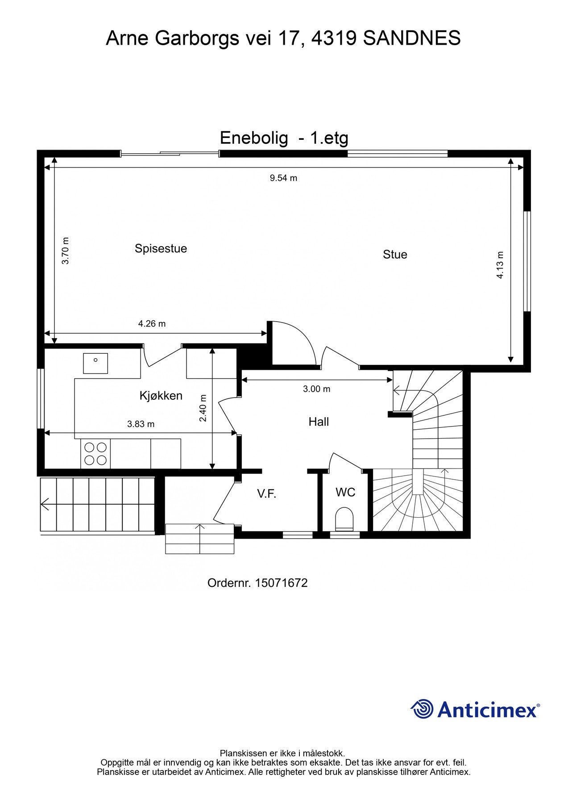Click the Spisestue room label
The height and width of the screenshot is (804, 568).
pyautogui.click(x=161, y=248)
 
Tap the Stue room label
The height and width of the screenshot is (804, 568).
pyautogui.click(x=395, y=255)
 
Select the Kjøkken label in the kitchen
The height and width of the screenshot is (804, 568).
pyautogui.click(x=161, y=396)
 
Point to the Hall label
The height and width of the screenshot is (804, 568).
pyautogui.click(x=319, y=422)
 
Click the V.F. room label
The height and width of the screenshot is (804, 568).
pyautogui.click(x=266, y=494)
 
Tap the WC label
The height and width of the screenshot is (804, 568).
pyautogui.click(x=345, y=492)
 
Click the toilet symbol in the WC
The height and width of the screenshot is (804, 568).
pyautogui.click(x=344, y=518)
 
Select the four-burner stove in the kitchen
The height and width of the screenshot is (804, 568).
pyautogui.click(x=95, y=453)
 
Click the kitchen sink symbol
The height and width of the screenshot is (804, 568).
pyautogui.click(x=95, y=363)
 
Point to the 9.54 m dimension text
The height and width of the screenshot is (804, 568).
pyautogui.click(x=283, y=178)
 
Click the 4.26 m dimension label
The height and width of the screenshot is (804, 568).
pyautogui.click(x=152, y=324)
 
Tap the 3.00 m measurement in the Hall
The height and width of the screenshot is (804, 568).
pyautogui.click(x=316, y=389)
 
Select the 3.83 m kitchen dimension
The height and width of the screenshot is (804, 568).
pyautogui.click(x=141, y=424)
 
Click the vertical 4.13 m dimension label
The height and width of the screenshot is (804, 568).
pyautogui.click(x=500, y=265)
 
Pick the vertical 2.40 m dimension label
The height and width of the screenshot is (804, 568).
pyautogui.click(x=203, y=408)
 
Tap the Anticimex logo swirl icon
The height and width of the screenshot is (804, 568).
pyautogui.click(x=422, y=709)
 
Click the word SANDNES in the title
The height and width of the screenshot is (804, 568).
pyautogui.click(x=411, y=38)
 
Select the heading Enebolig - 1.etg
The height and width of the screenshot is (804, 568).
pyautogui.click(x=284, y=138)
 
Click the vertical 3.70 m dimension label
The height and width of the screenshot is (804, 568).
pyautogui.click(x=66, y=251)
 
